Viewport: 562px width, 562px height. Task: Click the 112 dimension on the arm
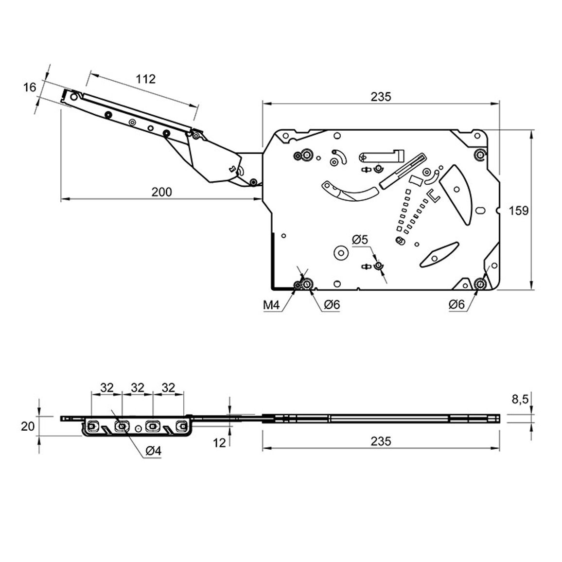pyautogui.click(x=145, y=79)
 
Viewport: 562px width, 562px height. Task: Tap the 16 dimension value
pyautogui.click(x=30, y=87)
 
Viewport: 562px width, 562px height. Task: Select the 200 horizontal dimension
pyautogui.click(x=161, y=192)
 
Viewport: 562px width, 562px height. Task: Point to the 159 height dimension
pyautogui.click(x=519, y=211)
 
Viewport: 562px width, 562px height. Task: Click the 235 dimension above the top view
pyautogui.click(x=381, y=97)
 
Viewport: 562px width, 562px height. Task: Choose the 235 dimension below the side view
pyautogui.click(x=381, y=441)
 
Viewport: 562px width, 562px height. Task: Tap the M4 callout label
pyautogui.click(x=271, y=305)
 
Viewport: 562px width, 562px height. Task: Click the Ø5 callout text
pyautogui.click(x=360, y=239)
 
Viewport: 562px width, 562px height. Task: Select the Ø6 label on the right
pyautogui.click(x=457, y=305)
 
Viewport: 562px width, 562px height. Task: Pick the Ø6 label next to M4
pyautogui.click(x=332, y=305)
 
